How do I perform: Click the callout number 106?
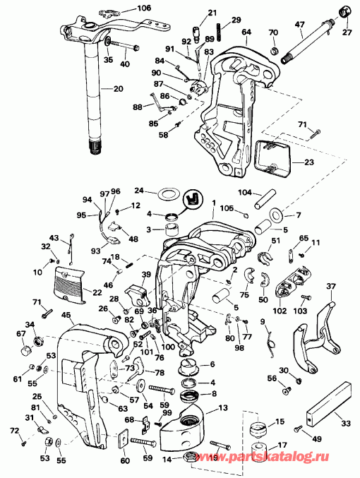click(144, 8)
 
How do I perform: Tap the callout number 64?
click(246, 32)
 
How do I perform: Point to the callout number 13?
click(222, 407)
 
